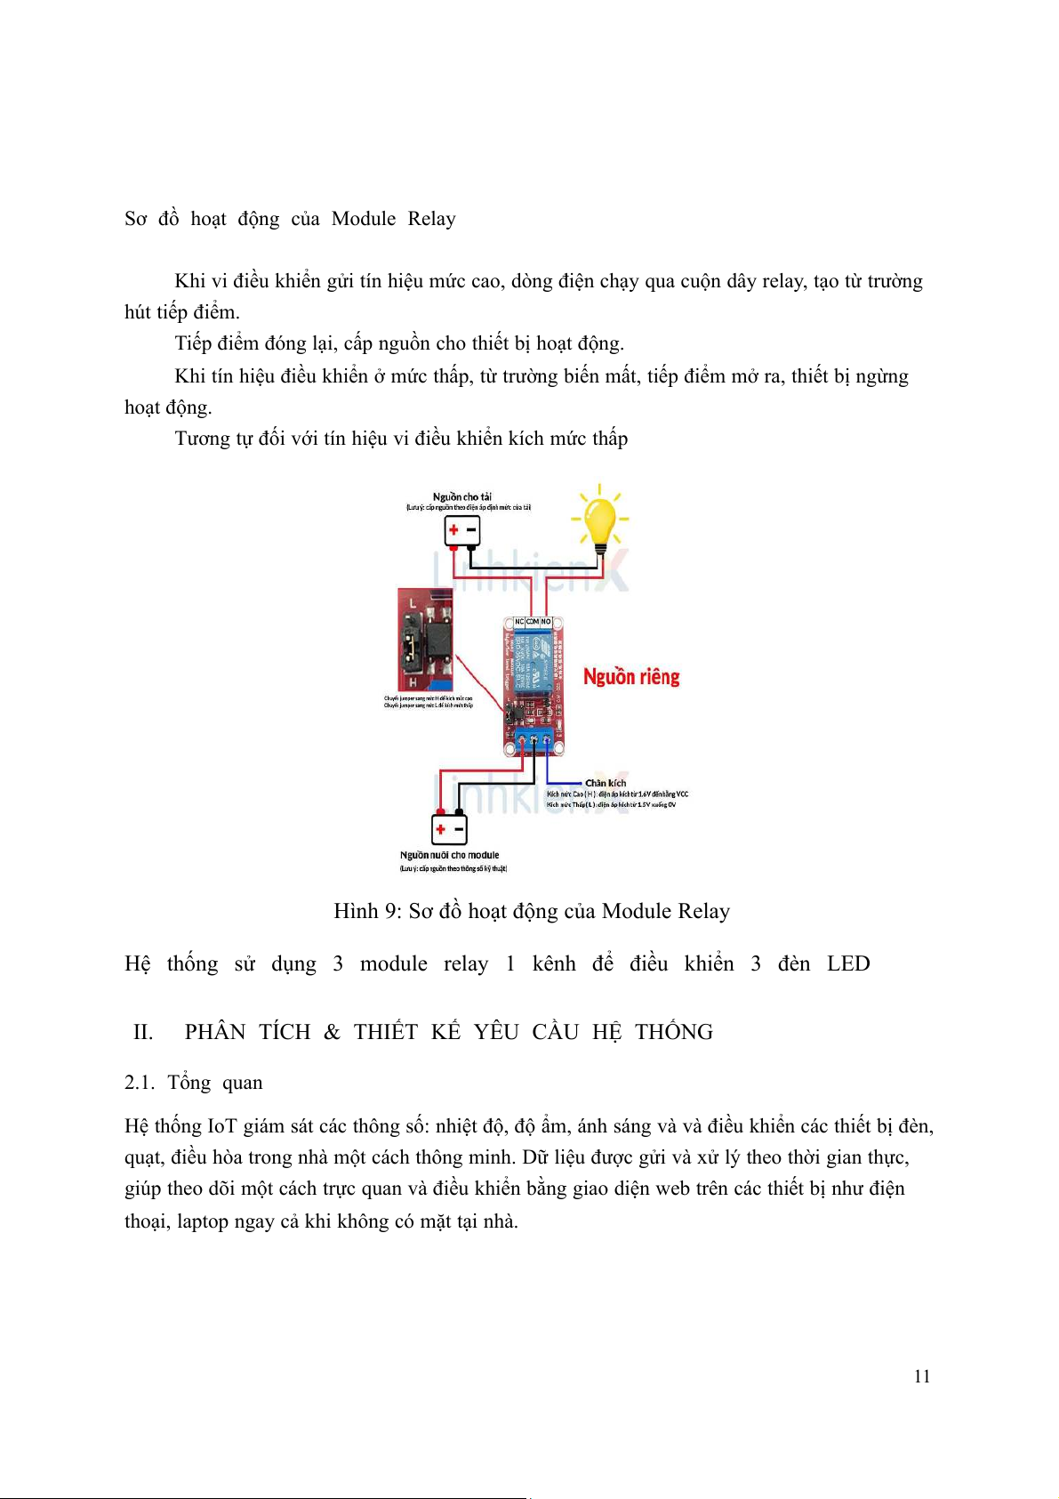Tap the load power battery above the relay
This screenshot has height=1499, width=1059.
click(461, 531)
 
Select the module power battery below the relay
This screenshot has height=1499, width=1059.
click(449, 829)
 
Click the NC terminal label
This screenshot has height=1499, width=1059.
click(519, 622)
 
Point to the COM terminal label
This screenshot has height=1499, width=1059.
click(533, 622)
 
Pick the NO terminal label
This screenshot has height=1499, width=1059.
click(546, 622)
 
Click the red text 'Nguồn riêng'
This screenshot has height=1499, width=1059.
click(631, 677)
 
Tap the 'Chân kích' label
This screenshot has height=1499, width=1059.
click(605, 783)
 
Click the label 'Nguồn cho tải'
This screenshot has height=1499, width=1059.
click(461, 496)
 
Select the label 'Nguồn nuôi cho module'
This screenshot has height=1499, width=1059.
click(449, 855)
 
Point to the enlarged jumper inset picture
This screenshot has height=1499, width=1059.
click(425, 639)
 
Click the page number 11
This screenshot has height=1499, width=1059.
click(922, 1376)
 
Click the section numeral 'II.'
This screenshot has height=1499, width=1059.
click(143, 1032)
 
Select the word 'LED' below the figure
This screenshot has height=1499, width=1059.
click(848, 964)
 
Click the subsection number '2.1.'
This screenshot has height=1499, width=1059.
click(140, 1083)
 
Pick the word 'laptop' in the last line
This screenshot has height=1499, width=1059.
click(203, 1221)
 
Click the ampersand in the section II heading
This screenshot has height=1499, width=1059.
click(332, 1032)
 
